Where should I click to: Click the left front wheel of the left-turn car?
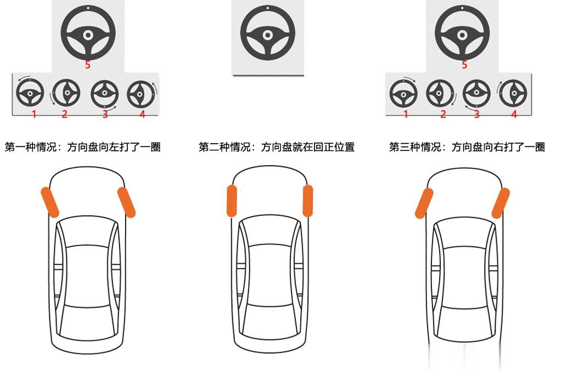[50, 202]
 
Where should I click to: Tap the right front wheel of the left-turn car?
[127, 202]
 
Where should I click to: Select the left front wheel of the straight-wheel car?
[232, 201]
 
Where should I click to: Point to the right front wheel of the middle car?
[307, 201]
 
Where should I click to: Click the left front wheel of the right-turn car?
[424, 203]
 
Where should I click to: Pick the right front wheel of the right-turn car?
[501, 203]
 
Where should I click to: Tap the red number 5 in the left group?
[87, 65]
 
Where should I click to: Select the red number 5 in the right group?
[464, 65]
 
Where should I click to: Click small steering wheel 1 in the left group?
[30, 93]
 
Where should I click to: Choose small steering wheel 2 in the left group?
[66, 93]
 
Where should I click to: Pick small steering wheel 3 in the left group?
[104, 94]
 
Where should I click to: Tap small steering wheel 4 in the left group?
[141, 94]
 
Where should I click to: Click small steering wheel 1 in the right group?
[403, 94]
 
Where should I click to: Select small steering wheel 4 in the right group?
[513, 93]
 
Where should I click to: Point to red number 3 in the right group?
[477, 114]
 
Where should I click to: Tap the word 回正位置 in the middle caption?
[334, 147]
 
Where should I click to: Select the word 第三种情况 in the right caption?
[415, 147]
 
